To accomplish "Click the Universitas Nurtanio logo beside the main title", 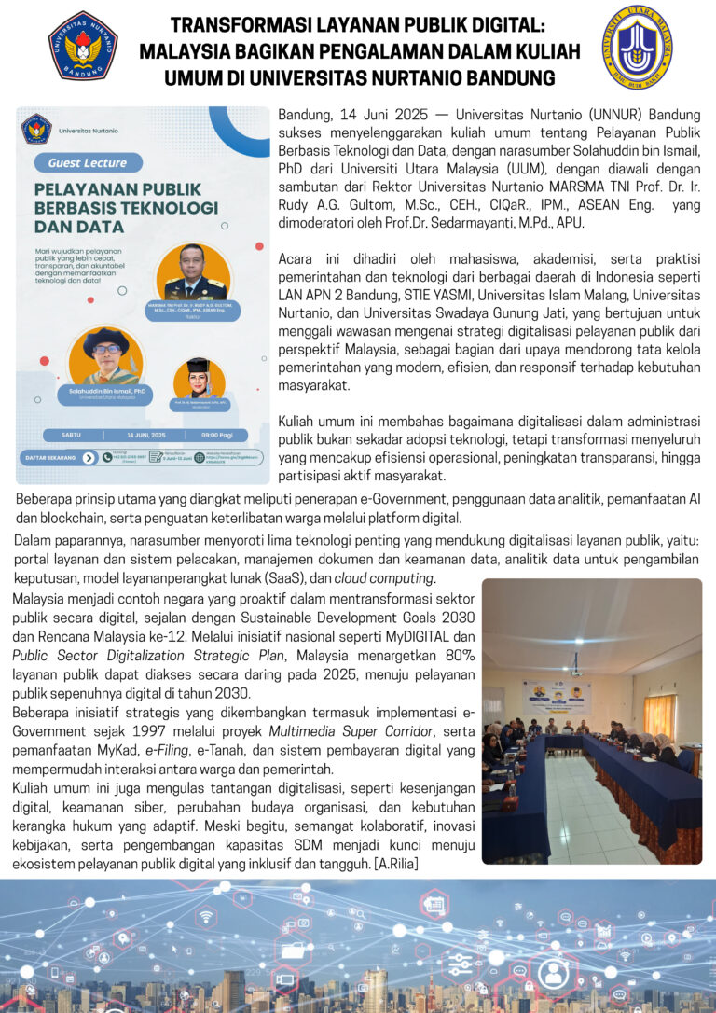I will point(83,46).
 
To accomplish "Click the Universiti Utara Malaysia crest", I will point(637,47).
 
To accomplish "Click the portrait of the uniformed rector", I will point(193,272).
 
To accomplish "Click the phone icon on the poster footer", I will point(105,457).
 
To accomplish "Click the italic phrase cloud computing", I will point(383,577).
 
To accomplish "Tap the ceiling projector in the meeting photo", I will point(575,669).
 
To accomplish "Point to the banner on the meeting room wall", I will point(558,696).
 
